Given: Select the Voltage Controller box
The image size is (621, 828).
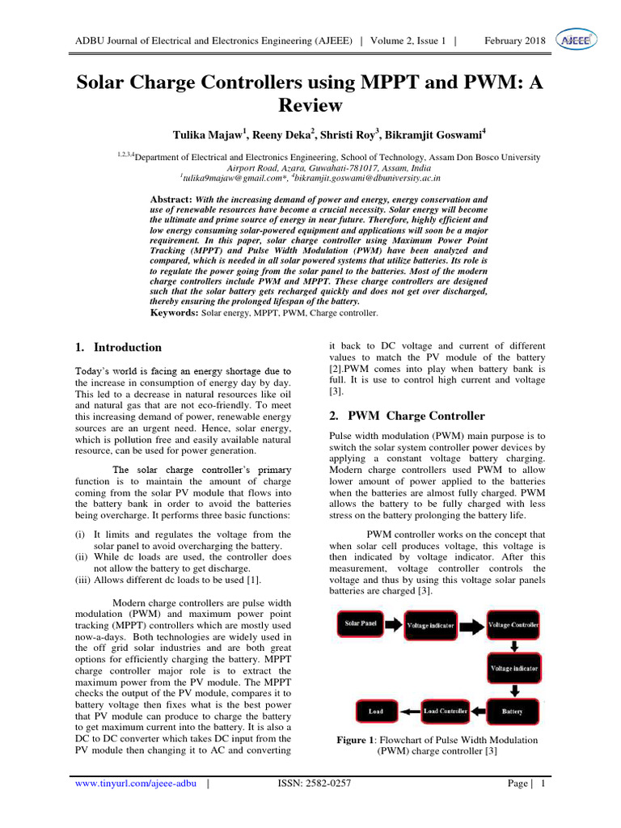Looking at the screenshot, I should [514, 624].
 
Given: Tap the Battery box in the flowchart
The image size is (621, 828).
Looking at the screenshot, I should [513, 712].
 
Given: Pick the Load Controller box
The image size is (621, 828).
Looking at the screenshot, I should [446, 712].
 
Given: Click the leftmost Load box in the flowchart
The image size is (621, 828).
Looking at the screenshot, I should [376, 712].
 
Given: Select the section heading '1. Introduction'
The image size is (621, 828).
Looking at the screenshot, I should [118, 348].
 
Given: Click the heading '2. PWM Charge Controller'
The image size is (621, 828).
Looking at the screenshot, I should [407, 416].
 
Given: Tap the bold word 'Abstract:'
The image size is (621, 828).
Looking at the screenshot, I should [171, 199].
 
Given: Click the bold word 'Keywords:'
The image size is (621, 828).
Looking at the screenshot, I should [175, 312].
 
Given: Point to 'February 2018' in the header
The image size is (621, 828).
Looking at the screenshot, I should [513, 40].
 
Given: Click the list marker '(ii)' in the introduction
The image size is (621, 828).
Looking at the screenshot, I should [81, 557].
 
